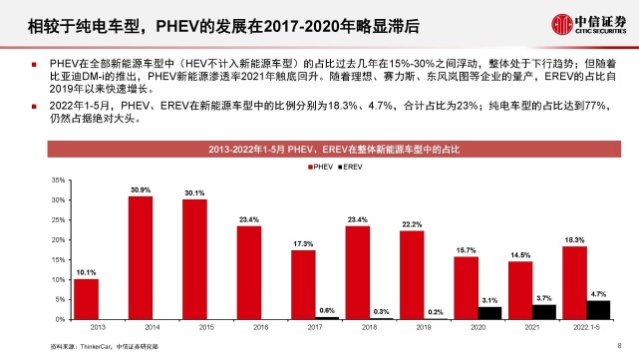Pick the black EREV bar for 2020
[489, 313]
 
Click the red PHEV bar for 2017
[303, 284]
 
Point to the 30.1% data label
[194, 193]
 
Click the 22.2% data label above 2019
[412, 224]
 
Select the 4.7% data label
[598, 294]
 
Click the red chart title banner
[330, 150]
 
